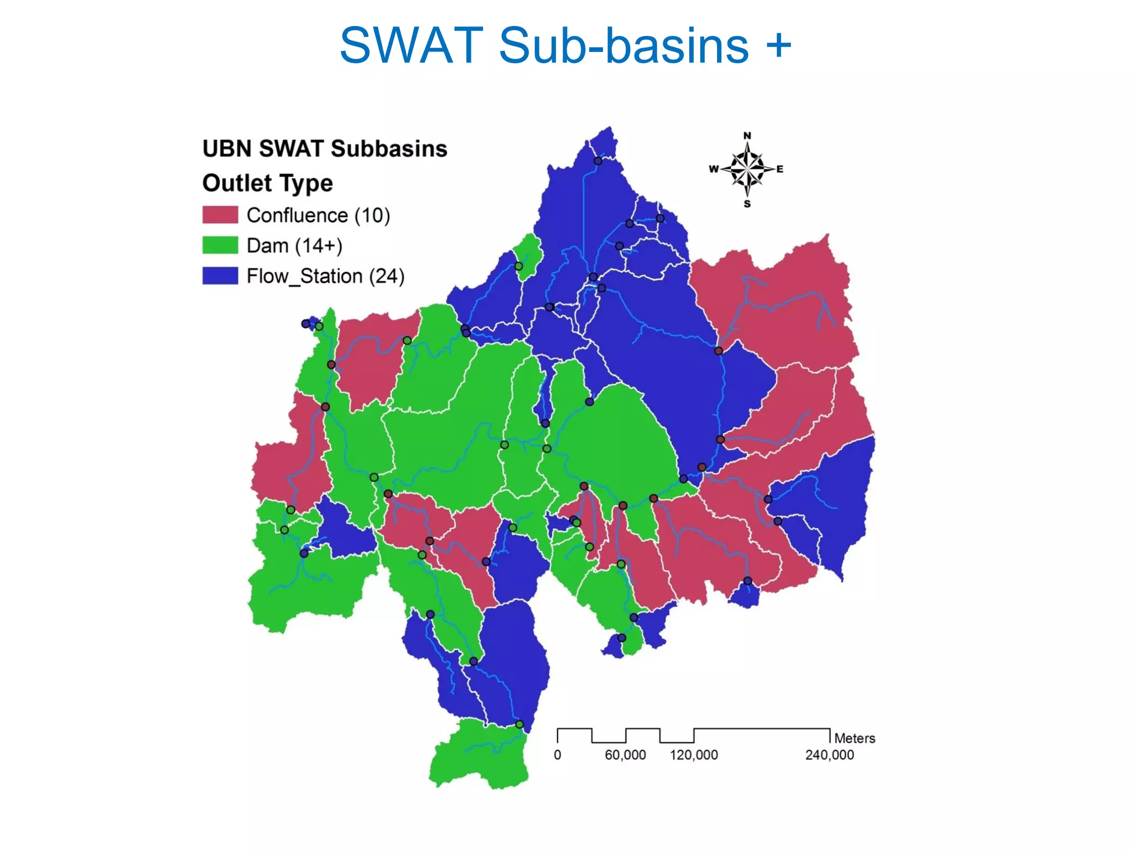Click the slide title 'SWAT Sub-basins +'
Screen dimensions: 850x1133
[565, 45]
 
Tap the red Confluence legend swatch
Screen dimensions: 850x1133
[220, 215]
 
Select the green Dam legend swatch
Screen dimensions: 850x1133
[220, 245]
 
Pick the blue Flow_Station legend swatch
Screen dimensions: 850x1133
[220, 276]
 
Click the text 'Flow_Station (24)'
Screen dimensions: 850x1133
[325, 276]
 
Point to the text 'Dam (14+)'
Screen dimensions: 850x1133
[294, 245]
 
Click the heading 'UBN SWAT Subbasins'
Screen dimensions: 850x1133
[325, 149]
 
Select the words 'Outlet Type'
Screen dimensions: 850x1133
[267, 183]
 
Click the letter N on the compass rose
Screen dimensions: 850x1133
[747, 136]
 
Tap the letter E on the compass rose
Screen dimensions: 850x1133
[779, 169]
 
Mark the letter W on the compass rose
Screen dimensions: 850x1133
[714, 169]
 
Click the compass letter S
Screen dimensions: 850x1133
[747, 204]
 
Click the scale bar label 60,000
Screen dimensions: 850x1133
[625, 755]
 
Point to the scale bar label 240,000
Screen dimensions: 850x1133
[829, 755]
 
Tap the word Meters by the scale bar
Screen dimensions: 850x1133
[854, 738]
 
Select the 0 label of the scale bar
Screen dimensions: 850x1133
[558, 755]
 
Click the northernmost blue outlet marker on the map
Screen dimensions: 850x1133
[597, 161]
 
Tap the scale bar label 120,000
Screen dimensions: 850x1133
[694, 755]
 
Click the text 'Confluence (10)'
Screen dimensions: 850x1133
[318, 215]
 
